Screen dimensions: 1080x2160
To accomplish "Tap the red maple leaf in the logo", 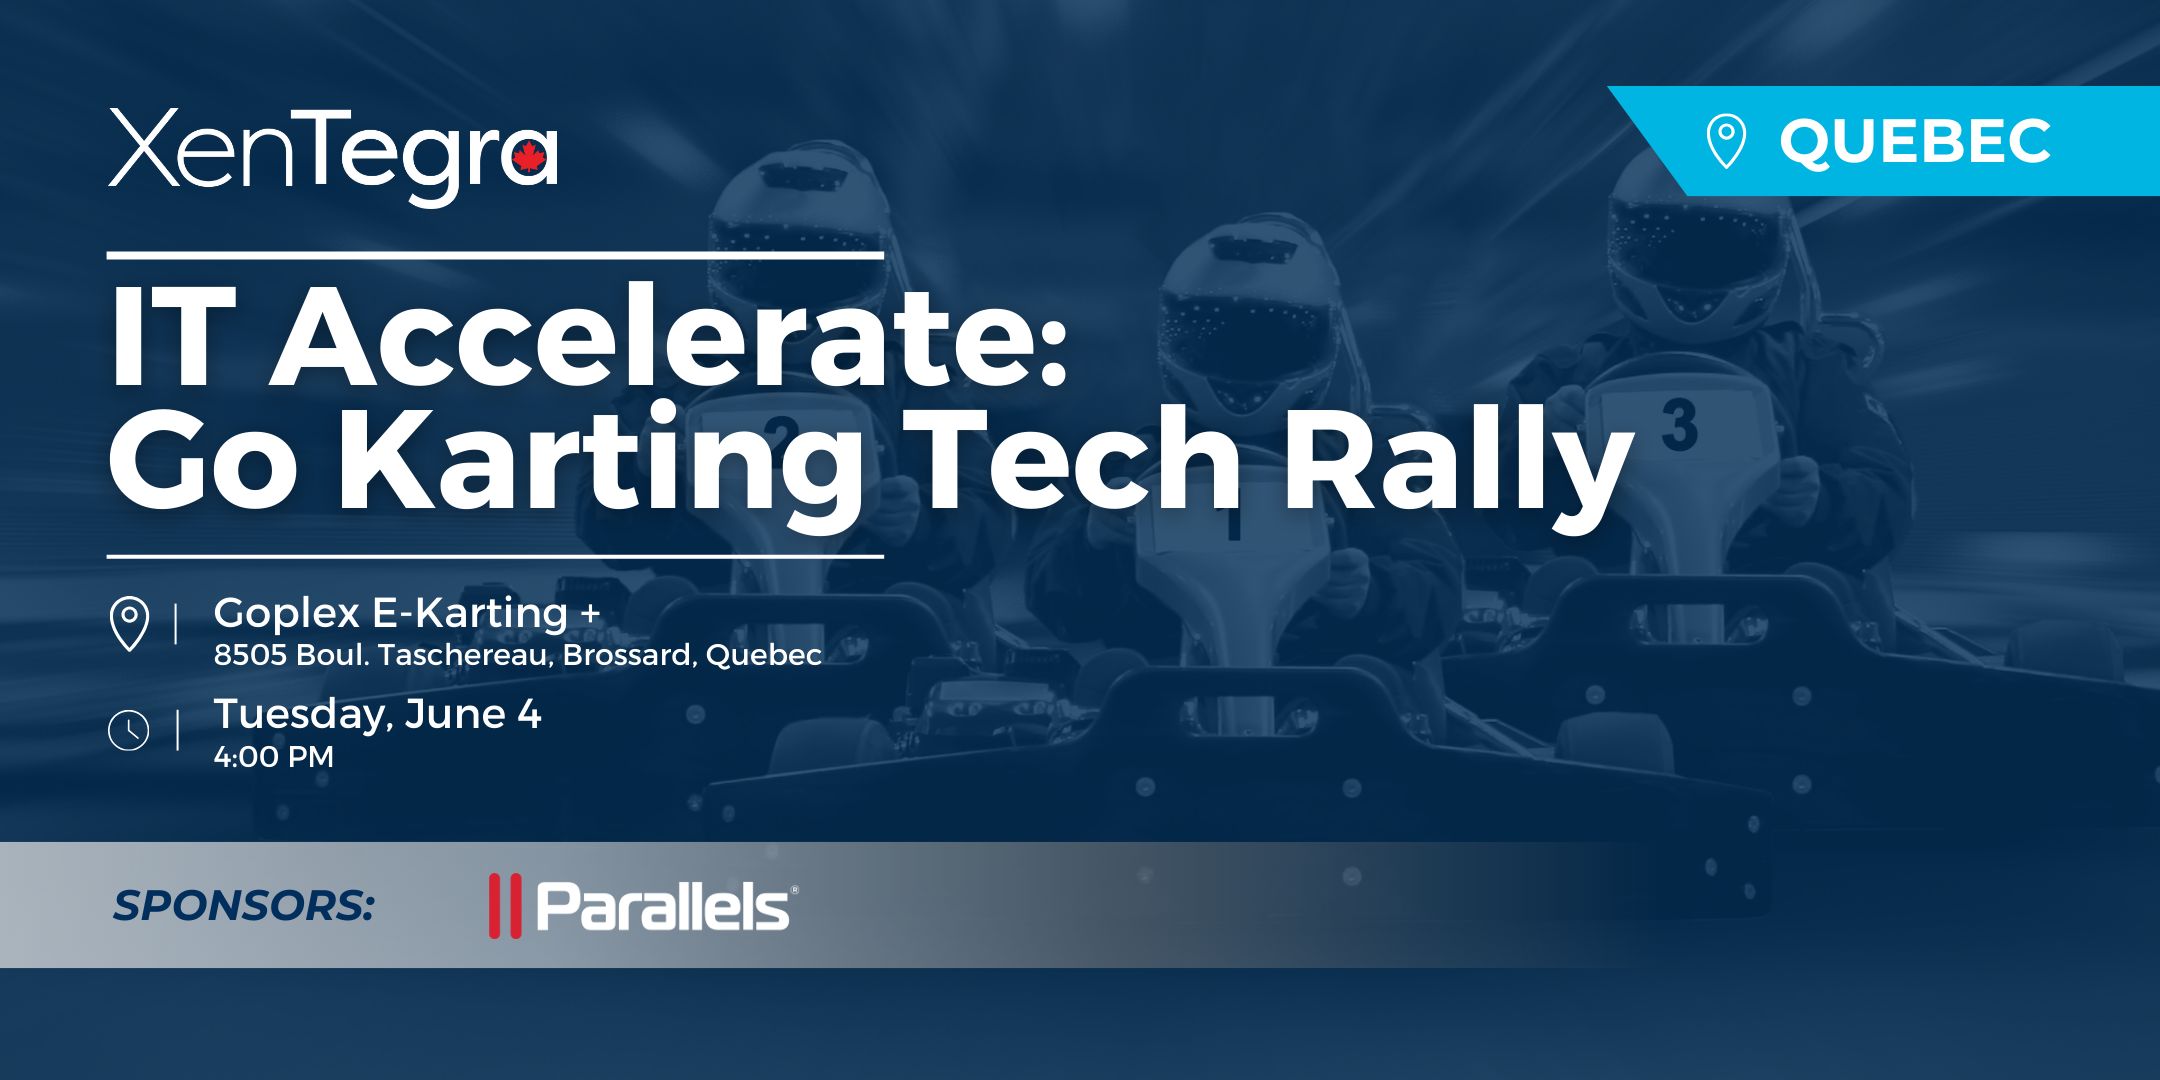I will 529,157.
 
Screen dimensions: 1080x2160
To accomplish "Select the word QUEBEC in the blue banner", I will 1915,141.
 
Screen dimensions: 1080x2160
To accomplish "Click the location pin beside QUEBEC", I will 1726,140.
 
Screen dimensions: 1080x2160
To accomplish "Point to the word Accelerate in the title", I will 670,338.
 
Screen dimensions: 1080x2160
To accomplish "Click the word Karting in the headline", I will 600,462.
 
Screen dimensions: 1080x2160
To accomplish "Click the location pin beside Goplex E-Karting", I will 129,622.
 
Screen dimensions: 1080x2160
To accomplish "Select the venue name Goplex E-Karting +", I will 406,613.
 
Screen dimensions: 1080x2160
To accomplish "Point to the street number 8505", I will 250,655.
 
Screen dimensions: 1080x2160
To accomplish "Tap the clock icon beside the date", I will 129,730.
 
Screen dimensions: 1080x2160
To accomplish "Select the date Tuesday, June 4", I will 377,714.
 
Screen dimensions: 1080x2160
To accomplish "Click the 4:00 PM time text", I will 273,757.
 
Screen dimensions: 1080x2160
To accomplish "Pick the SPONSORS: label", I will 243,906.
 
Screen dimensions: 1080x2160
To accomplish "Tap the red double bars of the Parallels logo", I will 505,906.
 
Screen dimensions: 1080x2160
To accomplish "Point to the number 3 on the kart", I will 1679,425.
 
